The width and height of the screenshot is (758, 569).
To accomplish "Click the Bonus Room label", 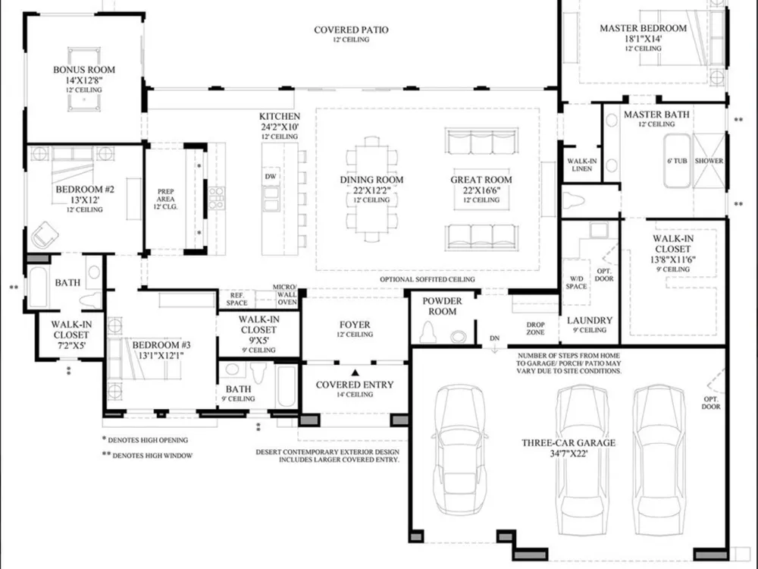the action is click(x=84, y=70).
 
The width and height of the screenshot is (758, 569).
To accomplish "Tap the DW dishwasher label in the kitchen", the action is click(x=271, y=177).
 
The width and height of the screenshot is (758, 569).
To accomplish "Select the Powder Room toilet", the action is click(x=428, y=332).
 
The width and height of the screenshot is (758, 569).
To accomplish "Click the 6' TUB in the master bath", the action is click(x=677, y=161).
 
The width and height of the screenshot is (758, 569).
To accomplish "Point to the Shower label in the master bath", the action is click(x=709, y=161).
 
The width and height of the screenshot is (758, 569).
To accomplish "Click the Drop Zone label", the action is click(x=536, y=329).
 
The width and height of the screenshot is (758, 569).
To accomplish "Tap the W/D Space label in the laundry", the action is click(x=576, y=282).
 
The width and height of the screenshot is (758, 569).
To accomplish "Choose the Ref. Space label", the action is click(x=236, y=299).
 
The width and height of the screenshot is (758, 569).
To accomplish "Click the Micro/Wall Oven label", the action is click(x=287, y=294).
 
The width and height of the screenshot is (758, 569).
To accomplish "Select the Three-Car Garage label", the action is click(x=568, y=443).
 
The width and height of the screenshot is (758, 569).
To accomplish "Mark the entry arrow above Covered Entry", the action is click(x=356, y=373).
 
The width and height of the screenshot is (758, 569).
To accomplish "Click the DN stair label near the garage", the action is click(x=494, y=338).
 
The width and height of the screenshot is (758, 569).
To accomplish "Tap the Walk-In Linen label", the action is click(x=582, y=165).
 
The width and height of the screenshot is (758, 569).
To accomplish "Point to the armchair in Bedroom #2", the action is click(x=45, y=235).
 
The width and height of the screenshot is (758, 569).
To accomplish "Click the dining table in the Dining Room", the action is click(x=371, y=190).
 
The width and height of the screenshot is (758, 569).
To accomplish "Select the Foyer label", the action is click(x=355, y=325).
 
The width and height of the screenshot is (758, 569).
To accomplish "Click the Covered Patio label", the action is click(x=351, y=30).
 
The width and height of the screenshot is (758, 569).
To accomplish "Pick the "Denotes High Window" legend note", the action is click(x=148, y=455).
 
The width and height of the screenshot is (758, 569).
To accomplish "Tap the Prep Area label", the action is click(x=166, y=195).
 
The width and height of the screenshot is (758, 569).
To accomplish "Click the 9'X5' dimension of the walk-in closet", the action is click(x=258, y=340).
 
